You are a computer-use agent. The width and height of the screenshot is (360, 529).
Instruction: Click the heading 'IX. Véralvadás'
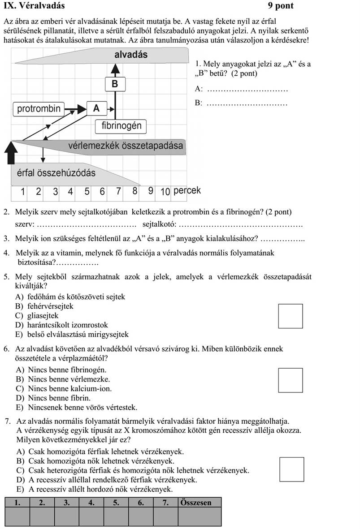click(x=34, y=6)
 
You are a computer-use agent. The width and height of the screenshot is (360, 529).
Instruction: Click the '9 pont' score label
click(x=281, y=6)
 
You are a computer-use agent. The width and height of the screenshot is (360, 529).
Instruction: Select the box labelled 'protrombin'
click(x=38, y=108)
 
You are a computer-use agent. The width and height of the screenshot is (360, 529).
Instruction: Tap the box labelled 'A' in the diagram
click(x=97, y=108)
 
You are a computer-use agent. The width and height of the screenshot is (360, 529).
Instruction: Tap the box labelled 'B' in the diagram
click(x=115, y=84)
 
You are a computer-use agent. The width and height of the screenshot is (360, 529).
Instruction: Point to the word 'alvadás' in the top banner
click(x=131, y=55)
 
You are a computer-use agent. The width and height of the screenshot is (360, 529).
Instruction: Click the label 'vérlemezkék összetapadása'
click(x=126, y=146)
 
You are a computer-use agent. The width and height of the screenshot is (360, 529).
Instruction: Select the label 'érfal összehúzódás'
click(x=56, y=173)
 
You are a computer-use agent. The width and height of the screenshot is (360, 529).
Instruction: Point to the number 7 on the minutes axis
click(x=119, y=191)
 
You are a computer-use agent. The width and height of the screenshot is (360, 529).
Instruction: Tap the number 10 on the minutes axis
click(x=165, y=191)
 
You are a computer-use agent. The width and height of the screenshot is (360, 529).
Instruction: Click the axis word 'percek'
click(x=187, y=190)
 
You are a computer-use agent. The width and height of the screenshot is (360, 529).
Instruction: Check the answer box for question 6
click(x=290, y=380)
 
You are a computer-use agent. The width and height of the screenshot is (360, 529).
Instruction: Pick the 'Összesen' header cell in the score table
click(x=200, y=503)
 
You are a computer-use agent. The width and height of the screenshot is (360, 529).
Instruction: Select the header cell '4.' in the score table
click(x=91, y=503)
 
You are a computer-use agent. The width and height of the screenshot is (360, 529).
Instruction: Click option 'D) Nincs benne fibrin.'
click(x=53, y=398)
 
